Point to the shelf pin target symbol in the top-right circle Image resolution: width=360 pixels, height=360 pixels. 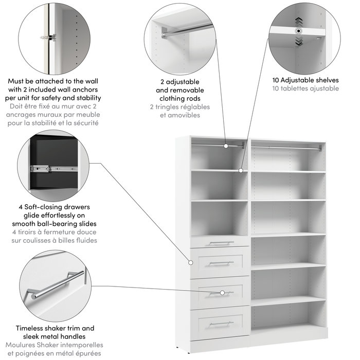coord(298,31)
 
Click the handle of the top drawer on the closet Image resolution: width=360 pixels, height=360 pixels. coord(221,243)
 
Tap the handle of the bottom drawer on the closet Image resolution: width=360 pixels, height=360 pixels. coord(221,323)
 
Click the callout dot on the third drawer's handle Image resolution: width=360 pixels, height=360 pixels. coord(222,293)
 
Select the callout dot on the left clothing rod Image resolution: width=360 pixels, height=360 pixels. coord(226,146)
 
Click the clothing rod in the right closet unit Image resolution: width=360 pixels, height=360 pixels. coord(288,148)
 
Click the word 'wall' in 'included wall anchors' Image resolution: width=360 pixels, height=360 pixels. coord(75,89)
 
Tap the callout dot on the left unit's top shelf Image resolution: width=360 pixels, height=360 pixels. coord(241,169)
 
